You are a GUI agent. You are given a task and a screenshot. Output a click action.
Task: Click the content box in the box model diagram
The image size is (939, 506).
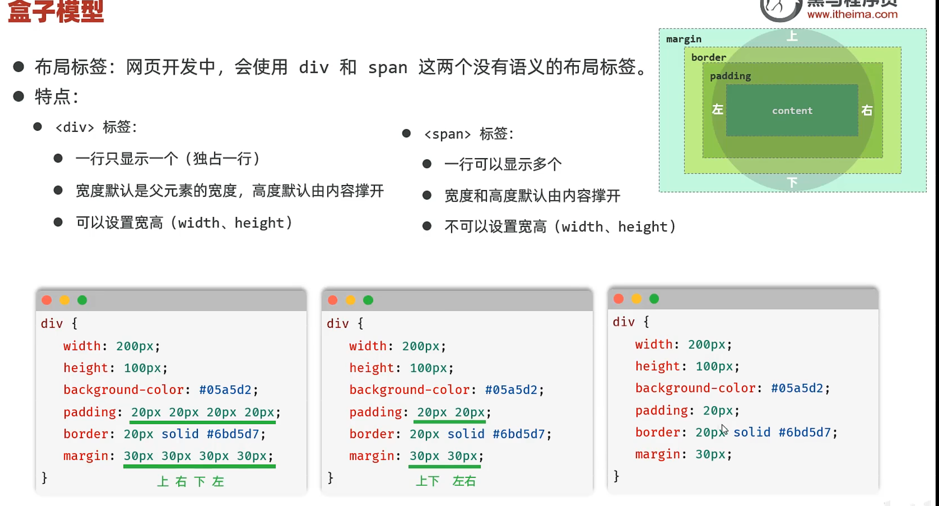tap(792, 110)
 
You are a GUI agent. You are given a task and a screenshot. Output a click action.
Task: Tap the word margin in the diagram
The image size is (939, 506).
tap(684, 39)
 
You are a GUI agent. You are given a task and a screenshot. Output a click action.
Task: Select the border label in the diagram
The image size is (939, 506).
tap(708, 57)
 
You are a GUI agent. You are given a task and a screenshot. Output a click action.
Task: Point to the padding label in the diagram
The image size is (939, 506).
tap(730, 76)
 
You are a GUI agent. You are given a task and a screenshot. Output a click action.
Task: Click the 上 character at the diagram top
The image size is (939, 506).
tap(792, 36)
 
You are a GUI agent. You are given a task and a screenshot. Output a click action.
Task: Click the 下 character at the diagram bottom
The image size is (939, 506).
tap(792, 183)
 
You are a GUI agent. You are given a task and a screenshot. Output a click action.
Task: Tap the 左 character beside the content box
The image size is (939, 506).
tap(717, 110)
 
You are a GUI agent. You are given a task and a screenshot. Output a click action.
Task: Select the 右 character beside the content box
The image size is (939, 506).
tap(867, 110)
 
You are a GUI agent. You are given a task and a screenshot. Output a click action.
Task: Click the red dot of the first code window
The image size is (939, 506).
tap(47, 300)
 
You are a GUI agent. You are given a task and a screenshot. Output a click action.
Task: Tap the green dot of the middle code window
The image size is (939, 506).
tap(368, 300)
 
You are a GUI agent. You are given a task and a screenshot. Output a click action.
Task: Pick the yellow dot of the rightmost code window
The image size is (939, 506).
tap(637, 299)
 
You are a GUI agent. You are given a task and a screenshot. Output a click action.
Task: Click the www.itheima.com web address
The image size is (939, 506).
tap(852, 14)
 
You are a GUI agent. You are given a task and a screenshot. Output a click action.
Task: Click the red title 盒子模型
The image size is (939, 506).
tap(55, 12)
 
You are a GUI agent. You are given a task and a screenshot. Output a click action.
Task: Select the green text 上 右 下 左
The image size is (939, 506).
tap(190, 481)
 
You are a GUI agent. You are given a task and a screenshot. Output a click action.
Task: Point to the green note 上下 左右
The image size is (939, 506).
tap(445, 481)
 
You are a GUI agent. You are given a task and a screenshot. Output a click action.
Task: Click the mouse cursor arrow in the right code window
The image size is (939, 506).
tap(724, 430)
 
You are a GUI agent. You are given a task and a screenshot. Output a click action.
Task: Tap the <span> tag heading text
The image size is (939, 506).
tap(468, 134)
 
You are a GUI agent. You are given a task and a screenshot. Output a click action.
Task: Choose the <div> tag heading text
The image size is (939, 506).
tap(96, 127)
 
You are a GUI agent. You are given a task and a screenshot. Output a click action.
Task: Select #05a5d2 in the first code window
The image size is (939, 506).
tap(225, 390)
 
